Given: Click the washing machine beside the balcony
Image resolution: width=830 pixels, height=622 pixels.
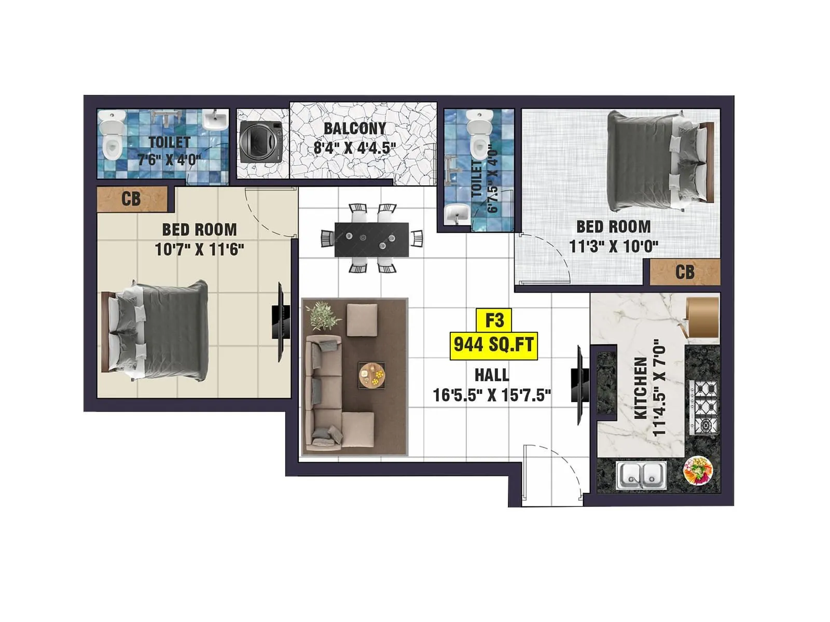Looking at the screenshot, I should tap(261, 143).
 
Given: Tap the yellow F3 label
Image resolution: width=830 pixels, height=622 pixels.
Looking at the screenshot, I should tap(494, 320).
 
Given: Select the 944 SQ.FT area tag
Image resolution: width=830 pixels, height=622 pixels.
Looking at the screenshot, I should tap(493, 345).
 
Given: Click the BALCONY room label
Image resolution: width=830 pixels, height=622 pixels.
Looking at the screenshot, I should tap(355, 128).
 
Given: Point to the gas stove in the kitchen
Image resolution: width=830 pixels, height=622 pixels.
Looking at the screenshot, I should tap(704, 407).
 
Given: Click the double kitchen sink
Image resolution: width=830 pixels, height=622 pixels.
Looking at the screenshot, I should tap(641, 475).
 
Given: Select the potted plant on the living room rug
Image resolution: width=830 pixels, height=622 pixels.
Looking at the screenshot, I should tap(325, 316).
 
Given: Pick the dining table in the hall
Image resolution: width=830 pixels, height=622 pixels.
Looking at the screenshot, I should tap(371, 239).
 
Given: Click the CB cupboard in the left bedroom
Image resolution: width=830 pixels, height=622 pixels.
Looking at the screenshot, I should tap(132, 199).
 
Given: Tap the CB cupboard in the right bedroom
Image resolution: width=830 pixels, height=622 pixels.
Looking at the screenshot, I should tap(685, 272).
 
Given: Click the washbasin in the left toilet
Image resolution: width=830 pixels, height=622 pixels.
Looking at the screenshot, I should tap(214, 120).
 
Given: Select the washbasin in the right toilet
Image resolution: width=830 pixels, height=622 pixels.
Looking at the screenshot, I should tap(457, 213).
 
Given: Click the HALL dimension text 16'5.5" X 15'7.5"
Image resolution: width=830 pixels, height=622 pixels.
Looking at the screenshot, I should tap(492, 395).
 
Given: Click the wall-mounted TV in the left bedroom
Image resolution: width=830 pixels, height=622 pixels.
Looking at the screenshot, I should tap(280, 321).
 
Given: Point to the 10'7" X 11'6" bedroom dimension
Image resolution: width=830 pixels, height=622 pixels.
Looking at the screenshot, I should tap(199, 250).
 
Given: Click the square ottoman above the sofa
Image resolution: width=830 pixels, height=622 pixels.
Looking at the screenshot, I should tap(362, 320).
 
